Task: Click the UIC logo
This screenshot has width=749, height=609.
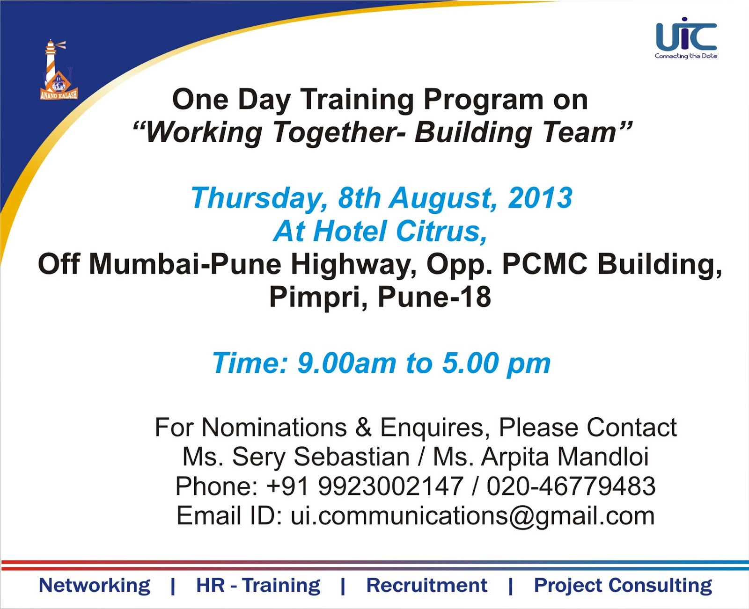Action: (686, 38)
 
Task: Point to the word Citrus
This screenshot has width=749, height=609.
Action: (441, 232)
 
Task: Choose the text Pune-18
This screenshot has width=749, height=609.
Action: (434, 297)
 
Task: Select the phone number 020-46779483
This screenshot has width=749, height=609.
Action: (571, 486)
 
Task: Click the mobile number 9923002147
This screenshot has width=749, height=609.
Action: (390, 486)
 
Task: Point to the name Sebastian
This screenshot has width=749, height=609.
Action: (352, 457)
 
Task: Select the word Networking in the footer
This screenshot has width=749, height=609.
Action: (94, 585)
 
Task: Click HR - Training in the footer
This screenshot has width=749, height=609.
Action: (258, 585)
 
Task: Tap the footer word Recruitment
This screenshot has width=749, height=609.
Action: (426, 585)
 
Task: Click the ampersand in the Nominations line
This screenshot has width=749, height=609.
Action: (364, 428)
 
